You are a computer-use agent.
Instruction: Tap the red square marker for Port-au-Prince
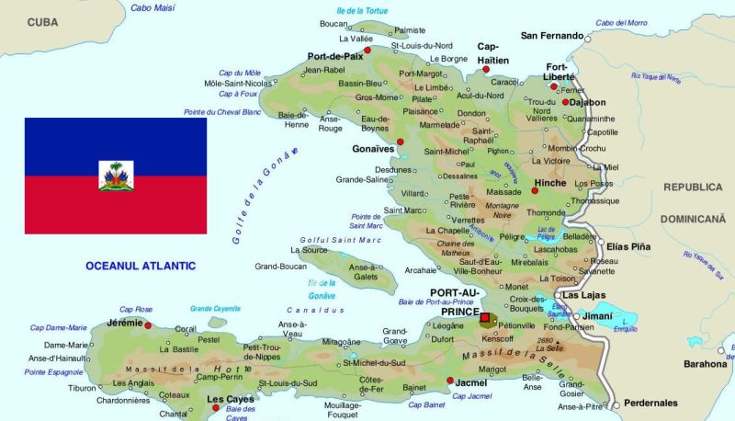[x=485, y=317]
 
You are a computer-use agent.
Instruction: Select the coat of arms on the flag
[x=116, y=175]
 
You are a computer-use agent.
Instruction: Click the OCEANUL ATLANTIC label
[x=141, y=266]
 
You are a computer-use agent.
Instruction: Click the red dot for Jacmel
[x=449, y=381]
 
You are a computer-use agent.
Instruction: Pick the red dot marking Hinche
[x=535, y=191]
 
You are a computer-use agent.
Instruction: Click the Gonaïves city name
[x=372, y=149]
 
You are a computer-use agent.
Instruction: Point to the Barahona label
[x=706, y=363]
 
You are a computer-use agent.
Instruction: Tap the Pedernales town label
[x=650, y=403]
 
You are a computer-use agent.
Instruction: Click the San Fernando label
[x=551, y=37]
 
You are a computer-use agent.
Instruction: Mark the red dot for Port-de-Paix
[x=367, y=50]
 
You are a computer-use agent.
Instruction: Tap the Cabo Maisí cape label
[x=154, y=7]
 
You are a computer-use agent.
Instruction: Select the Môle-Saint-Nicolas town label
[x=238, y=83]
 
